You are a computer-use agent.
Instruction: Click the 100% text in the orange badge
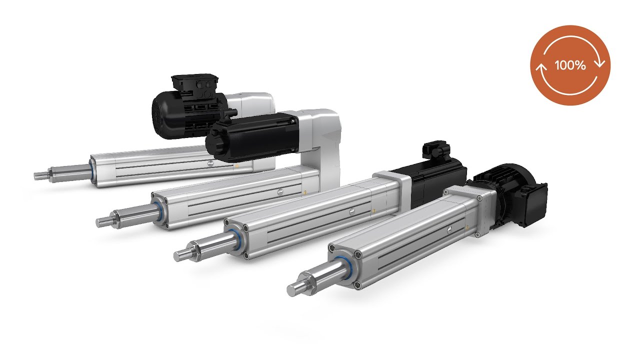[570, 65]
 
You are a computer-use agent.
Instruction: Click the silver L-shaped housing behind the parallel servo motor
[325, 135]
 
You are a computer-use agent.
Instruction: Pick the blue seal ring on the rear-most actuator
[93, 168]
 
